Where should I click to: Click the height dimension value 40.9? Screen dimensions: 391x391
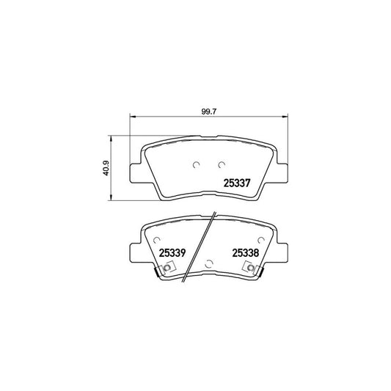(x=107, y=168)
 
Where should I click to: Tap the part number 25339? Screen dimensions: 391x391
(x=172, y=252)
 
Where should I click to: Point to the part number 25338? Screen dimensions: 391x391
(x=246, y=252)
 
